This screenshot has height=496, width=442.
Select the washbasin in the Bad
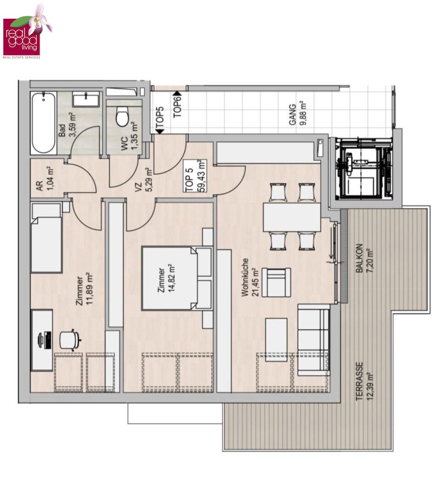85,99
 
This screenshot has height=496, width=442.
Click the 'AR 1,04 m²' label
45,180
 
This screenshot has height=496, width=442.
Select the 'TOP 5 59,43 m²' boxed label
196,176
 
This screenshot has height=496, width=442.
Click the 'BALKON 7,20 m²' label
364,258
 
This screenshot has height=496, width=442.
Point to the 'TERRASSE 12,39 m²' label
364,381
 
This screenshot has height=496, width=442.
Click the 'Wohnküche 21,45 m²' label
250,277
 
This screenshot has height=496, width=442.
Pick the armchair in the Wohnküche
276,282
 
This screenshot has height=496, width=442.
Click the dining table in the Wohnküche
292,217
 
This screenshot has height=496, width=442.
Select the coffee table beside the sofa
276,339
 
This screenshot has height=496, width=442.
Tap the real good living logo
27,32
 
